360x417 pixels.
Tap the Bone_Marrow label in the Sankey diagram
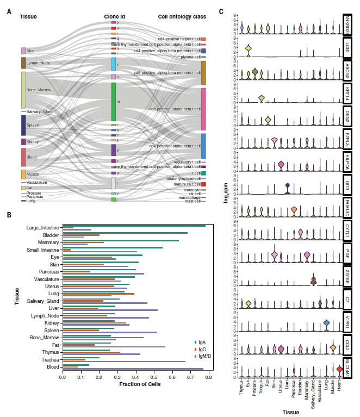click(38, 89)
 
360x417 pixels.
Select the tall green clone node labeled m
click(114, 102)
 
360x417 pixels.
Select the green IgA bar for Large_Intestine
click(134, 226)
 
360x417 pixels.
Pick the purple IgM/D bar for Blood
click(133, 369)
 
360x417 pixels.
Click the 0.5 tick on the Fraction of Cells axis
click(154, 376)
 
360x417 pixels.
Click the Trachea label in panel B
click(49, 359)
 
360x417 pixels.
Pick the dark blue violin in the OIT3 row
click(287, 188)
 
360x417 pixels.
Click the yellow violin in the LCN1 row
click(248, 51)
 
